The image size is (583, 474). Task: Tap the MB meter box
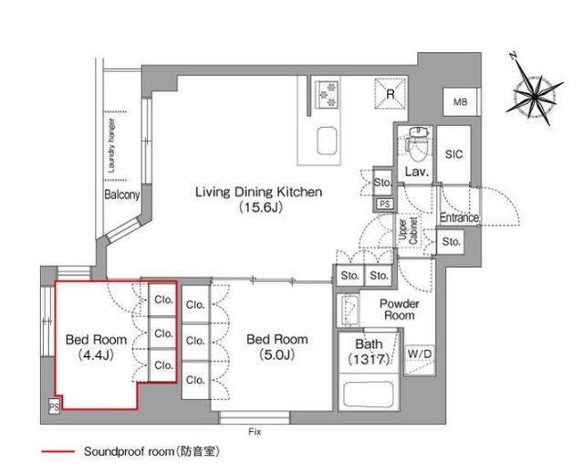461,101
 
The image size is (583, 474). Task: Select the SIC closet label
453,154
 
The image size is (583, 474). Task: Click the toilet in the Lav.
419,144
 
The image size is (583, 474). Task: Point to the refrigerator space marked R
390,93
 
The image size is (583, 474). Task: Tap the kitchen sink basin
327,141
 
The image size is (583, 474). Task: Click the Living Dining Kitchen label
259,192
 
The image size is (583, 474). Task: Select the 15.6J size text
260,207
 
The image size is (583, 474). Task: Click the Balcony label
121,195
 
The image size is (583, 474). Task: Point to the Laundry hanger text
111,145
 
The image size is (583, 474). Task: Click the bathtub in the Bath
369,394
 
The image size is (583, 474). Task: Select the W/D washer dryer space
420,360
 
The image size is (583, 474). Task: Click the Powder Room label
400,310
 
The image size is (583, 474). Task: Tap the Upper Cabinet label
408,231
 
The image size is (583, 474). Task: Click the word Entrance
459,217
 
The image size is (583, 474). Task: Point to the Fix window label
255,432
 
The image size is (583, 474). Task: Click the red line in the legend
57,452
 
